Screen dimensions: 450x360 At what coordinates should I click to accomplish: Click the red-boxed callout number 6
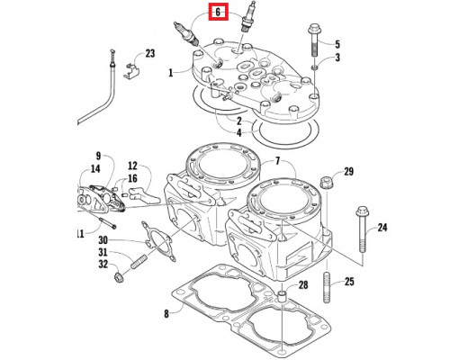(x=218, y=13)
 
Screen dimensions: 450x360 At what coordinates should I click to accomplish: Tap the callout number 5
(x=337, y=44)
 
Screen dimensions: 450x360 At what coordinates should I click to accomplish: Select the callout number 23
(x=150, y=54)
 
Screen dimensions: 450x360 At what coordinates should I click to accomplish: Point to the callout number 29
(x=348, y=172)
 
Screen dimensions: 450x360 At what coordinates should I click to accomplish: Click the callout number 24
(x=382, y=228)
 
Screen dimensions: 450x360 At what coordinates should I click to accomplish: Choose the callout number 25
(x=349, y=282)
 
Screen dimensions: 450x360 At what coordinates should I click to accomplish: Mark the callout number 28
(x=303, y=284)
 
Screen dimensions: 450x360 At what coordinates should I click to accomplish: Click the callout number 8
(x=166, y=314)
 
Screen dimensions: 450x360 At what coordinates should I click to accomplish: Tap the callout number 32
(x=103, y=265)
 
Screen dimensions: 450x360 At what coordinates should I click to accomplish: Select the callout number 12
(x=132, y=166)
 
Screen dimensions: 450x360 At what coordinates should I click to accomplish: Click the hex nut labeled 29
(x=327, y=183)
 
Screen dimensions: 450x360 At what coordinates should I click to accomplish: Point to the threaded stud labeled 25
(x=328, y=287)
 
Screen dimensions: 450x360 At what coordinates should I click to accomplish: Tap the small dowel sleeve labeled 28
(x=282, y=297)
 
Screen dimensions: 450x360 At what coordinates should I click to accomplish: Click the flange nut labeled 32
(x=119, y=277)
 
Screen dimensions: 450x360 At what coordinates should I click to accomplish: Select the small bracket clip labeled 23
(x=131, y=71)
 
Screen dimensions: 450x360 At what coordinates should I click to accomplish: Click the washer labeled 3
(x=314, y=67)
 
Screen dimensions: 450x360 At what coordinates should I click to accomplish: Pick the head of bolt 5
(x=314, y=29)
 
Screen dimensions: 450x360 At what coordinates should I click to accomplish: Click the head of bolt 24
(x=363, y=211)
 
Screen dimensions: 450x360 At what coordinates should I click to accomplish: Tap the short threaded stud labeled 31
(x=139, y=261)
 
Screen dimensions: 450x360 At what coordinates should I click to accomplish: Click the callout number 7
(x=277, y=161)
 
